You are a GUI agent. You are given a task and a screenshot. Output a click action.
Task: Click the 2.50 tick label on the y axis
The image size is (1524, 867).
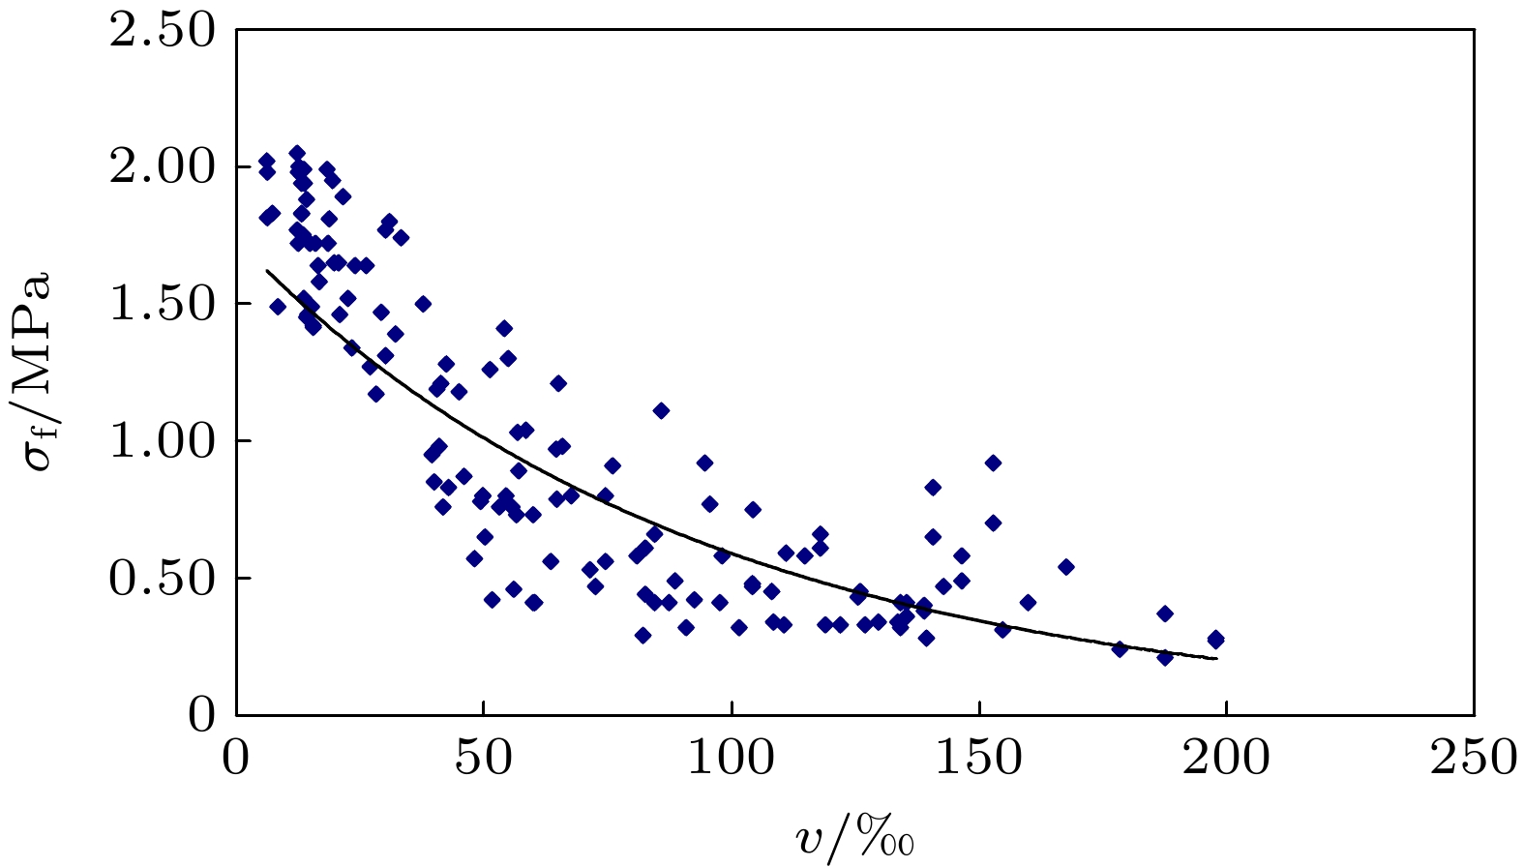(x=162, y=31)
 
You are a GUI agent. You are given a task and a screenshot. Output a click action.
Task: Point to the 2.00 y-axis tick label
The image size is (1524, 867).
(x=162, y=167)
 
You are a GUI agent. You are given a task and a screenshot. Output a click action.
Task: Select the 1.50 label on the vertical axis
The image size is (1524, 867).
(x=162, y=305)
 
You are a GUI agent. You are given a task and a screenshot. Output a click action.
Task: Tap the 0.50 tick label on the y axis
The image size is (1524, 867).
(x=162, y=579)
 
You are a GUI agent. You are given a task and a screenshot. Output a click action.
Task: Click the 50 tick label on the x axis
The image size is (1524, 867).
(x=484, y=758)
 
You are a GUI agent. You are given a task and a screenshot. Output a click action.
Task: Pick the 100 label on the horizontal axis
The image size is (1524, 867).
(x=732, y=758)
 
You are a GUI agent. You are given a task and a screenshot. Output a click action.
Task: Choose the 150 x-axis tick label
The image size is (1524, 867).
(x=979, y=758)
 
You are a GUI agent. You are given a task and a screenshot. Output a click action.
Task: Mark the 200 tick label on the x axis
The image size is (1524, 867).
(x=1227, y=758)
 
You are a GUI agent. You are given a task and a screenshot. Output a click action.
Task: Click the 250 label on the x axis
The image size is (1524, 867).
(x=1474, y=758)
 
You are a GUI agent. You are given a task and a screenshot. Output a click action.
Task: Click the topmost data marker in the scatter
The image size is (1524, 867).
(x=297, y=153)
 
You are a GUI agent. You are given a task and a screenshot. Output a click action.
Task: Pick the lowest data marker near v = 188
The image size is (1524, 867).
(x=1165, y=657)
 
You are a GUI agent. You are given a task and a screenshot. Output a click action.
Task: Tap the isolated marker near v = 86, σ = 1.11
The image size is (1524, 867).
(x=661, y=410)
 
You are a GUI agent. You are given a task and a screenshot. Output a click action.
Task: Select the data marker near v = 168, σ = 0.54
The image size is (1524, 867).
(x=1066, y=566)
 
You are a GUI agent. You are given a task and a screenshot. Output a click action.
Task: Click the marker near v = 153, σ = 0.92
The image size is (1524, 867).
(x=993, y=463)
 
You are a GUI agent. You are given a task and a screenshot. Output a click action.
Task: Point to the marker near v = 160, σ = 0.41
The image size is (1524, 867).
(x=1028, y=602)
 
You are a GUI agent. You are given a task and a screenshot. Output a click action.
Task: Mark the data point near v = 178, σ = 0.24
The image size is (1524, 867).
(x=1120, y=648)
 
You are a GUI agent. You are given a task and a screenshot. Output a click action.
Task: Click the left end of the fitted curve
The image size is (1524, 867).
(x=267, y=271)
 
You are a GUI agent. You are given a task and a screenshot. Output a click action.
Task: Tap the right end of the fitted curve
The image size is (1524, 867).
(x=1216, y=658)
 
